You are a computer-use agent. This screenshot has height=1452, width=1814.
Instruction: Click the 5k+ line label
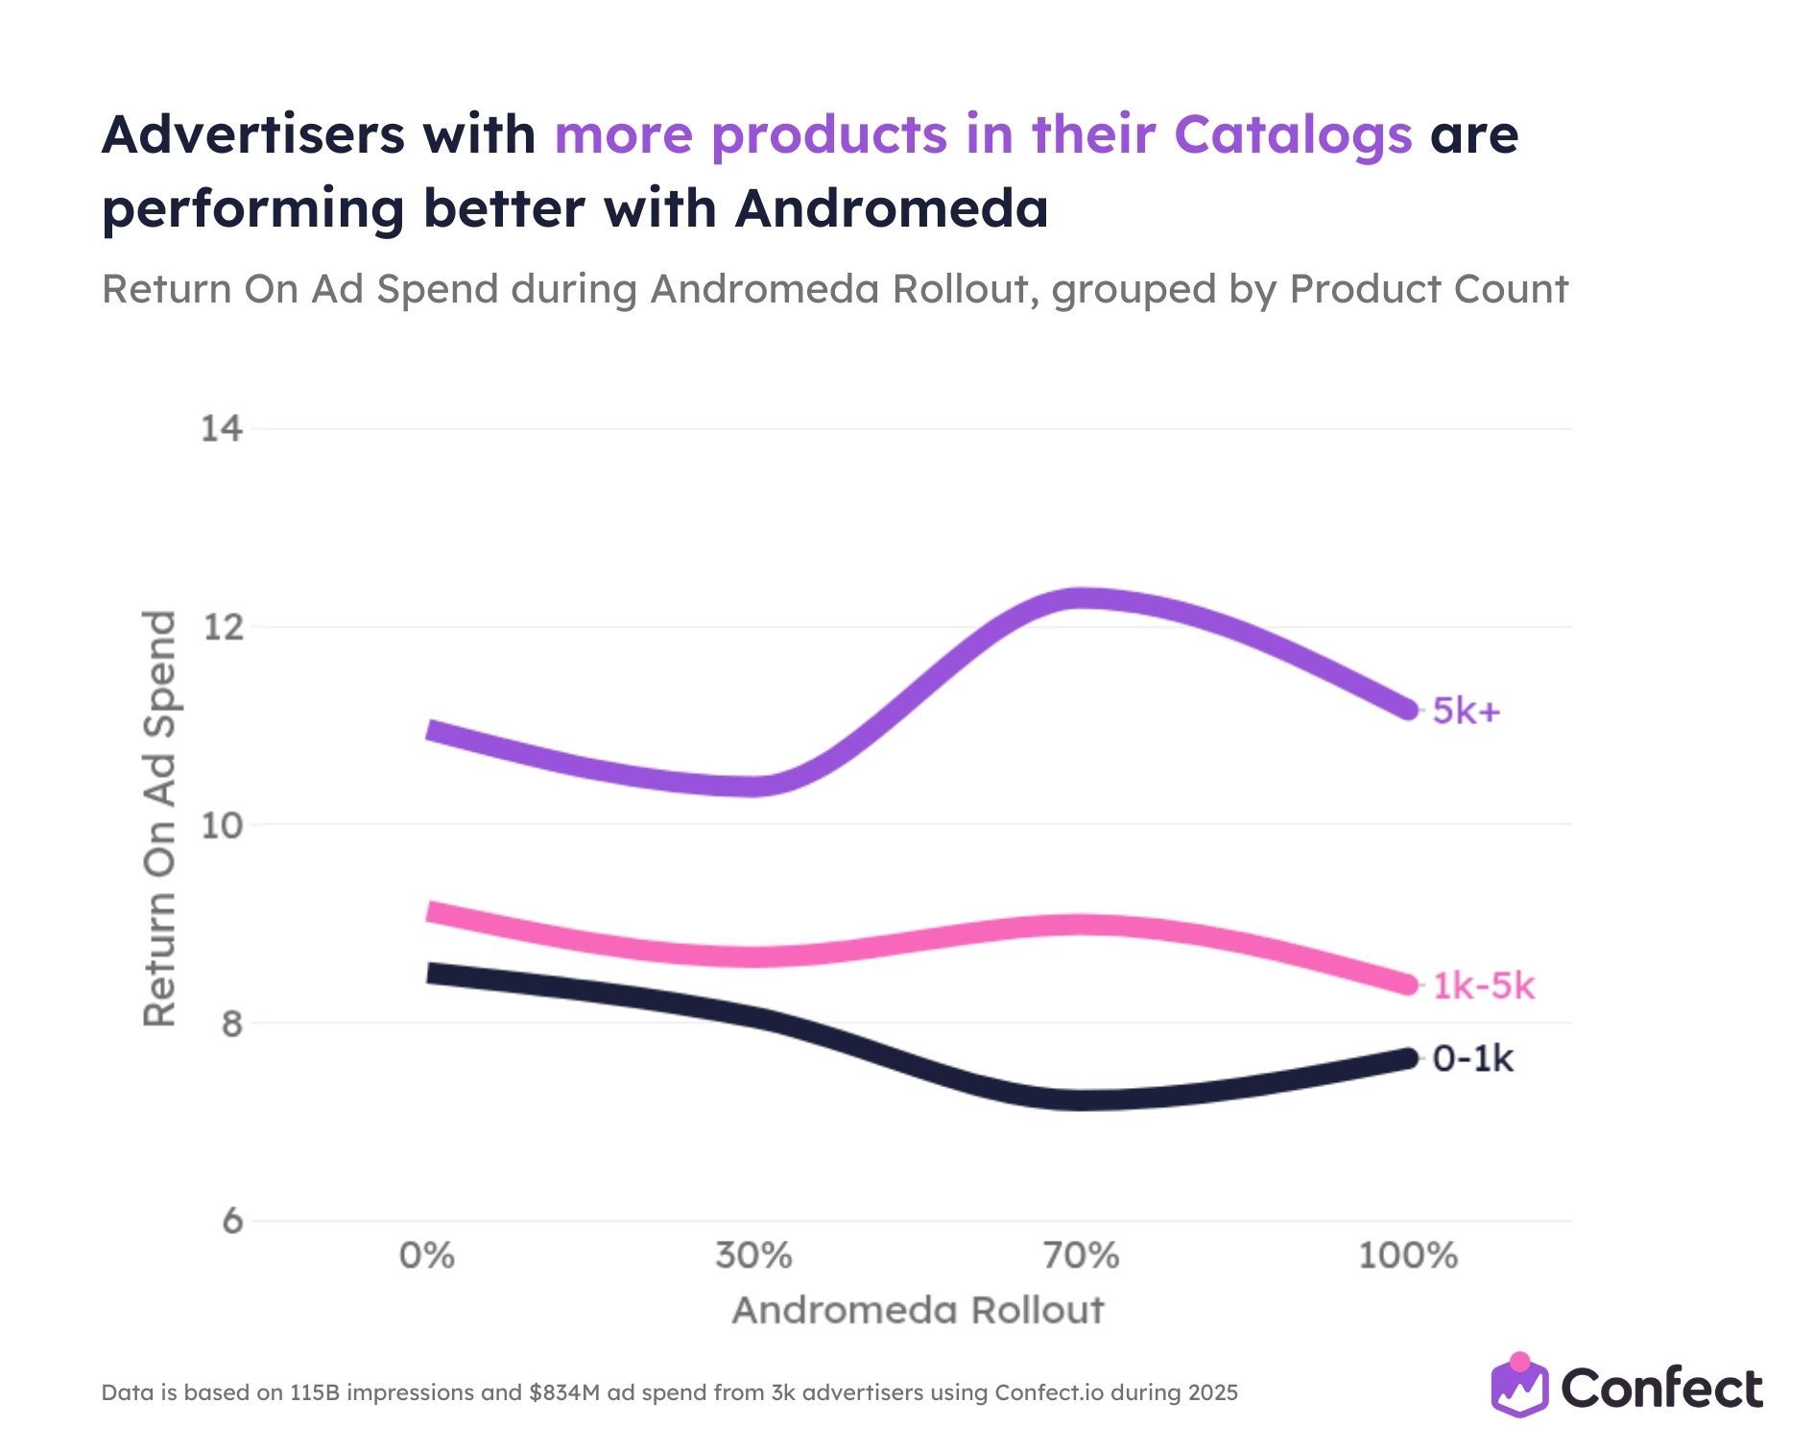1466,712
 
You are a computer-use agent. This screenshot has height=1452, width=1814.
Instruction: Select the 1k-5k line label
1484,986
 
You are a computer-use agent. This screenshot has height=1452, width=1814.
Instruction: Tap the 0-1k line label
1472,1059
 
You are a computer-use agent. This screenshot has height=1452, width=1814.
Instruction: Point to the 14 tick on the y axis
222,428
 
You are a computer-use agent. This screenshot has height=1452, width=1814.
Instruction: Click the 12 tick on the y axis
222,627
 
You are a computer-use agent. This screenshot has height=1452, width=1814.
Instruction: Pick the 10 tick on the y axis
222,825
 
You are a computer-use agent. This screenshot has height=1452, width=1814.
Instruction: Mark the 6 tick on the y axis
232,1222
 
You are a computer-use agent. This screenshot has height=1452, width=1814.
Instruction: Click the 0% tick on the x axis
427,1256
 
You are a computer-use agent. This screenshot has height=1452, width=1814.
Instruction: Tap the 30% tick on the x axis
753,1256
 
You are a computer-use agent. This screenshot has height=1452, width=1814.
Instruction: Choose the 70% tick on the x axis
1081,1256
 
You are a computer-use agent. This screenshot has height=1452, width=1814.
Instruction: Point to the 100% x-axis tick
1407,1256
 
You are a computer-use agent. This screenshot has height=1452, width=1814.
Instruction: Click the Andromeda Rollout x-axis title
918,1311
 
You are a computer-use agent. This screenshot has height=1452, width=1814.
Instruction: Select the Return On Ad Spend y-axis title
159,818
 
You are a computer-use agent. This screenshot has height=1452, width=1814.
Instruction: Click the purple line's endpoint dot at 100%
1408,711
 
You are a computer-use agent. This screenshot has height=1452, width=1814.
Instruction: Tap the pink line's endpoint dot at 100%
1408,985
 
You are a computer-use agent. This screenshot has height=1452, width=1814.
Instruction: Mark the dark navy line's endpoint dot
1408,1059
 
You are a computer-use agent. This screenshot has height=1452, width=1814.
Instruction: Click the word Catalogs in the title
1292,134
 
